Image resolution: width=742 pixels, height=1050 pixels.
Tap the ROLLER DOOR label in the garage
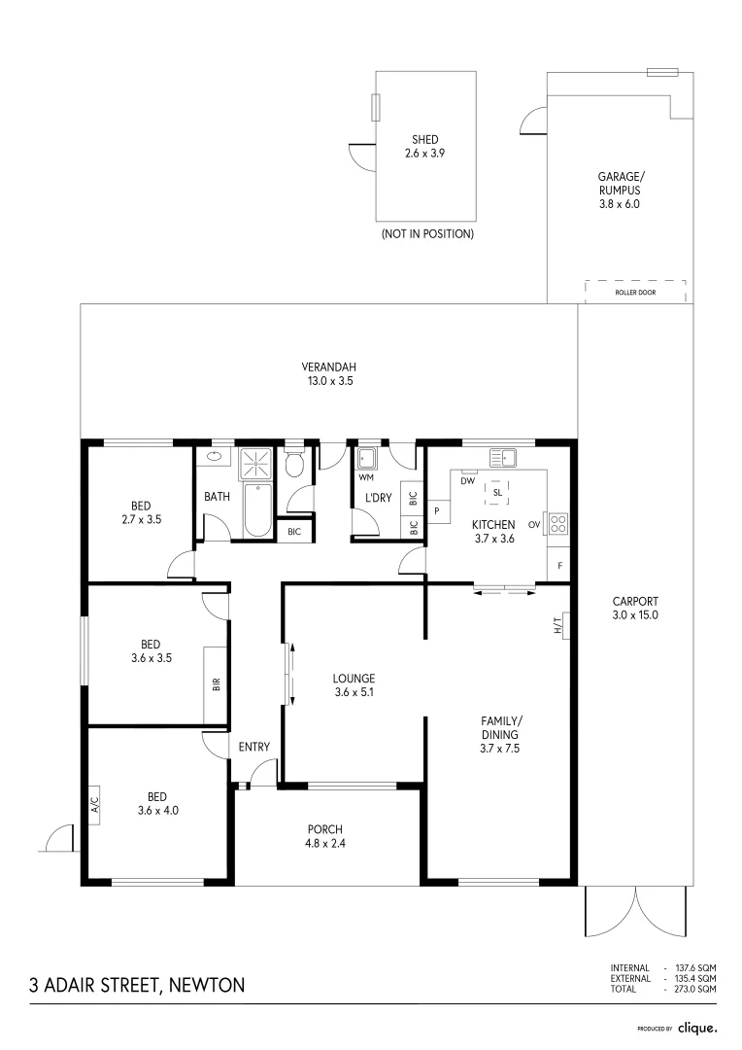coord(635,292)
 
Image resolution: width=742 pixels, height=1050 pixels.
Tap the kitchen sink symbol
coord(504,457)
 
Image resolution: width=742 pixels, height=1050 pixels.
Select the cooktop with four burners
coord(558,524)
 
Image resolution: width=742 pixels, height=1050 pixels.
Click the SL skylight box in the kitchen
coord(497,493)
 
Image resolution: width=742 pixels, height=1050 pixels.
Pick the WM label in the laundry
coord(366,477)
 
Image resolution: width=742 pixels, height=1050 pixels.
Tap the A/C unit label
coord(95,804)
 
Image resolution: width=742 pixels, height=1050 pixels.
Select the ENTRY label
coord(254,747)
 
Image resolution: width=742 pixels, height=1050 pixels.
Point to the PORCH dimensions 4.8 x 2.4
coord(326,843)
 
